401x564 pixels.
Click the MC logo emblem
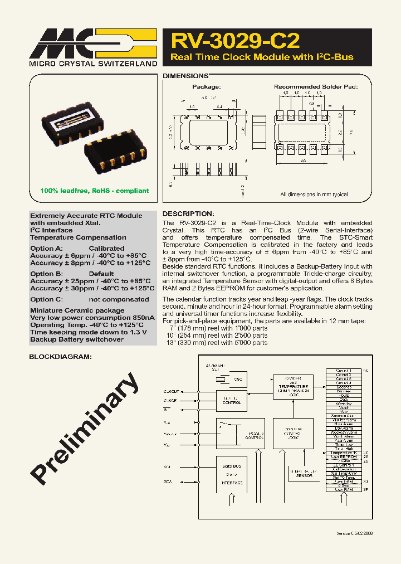point(92,42)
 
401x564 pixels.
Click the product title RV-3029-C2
point(235,41)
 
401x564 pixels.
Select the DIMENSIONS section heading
point(185,75)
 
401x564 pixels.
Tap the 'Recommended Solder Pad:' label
point(315,87)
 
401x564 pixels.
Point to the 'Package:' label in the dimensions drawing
point(207,87)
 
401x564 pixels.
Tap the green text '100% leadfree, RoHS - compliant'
point(94,191)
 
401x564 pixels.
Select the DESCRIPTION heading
point(188,214)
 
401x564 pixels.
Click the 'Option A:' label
point(46,249)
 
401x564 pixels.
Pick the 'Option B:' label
point(46,274)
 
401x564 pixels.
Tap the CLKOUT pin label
point(172,391)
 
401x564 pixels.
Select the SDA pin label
point(168,482)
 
